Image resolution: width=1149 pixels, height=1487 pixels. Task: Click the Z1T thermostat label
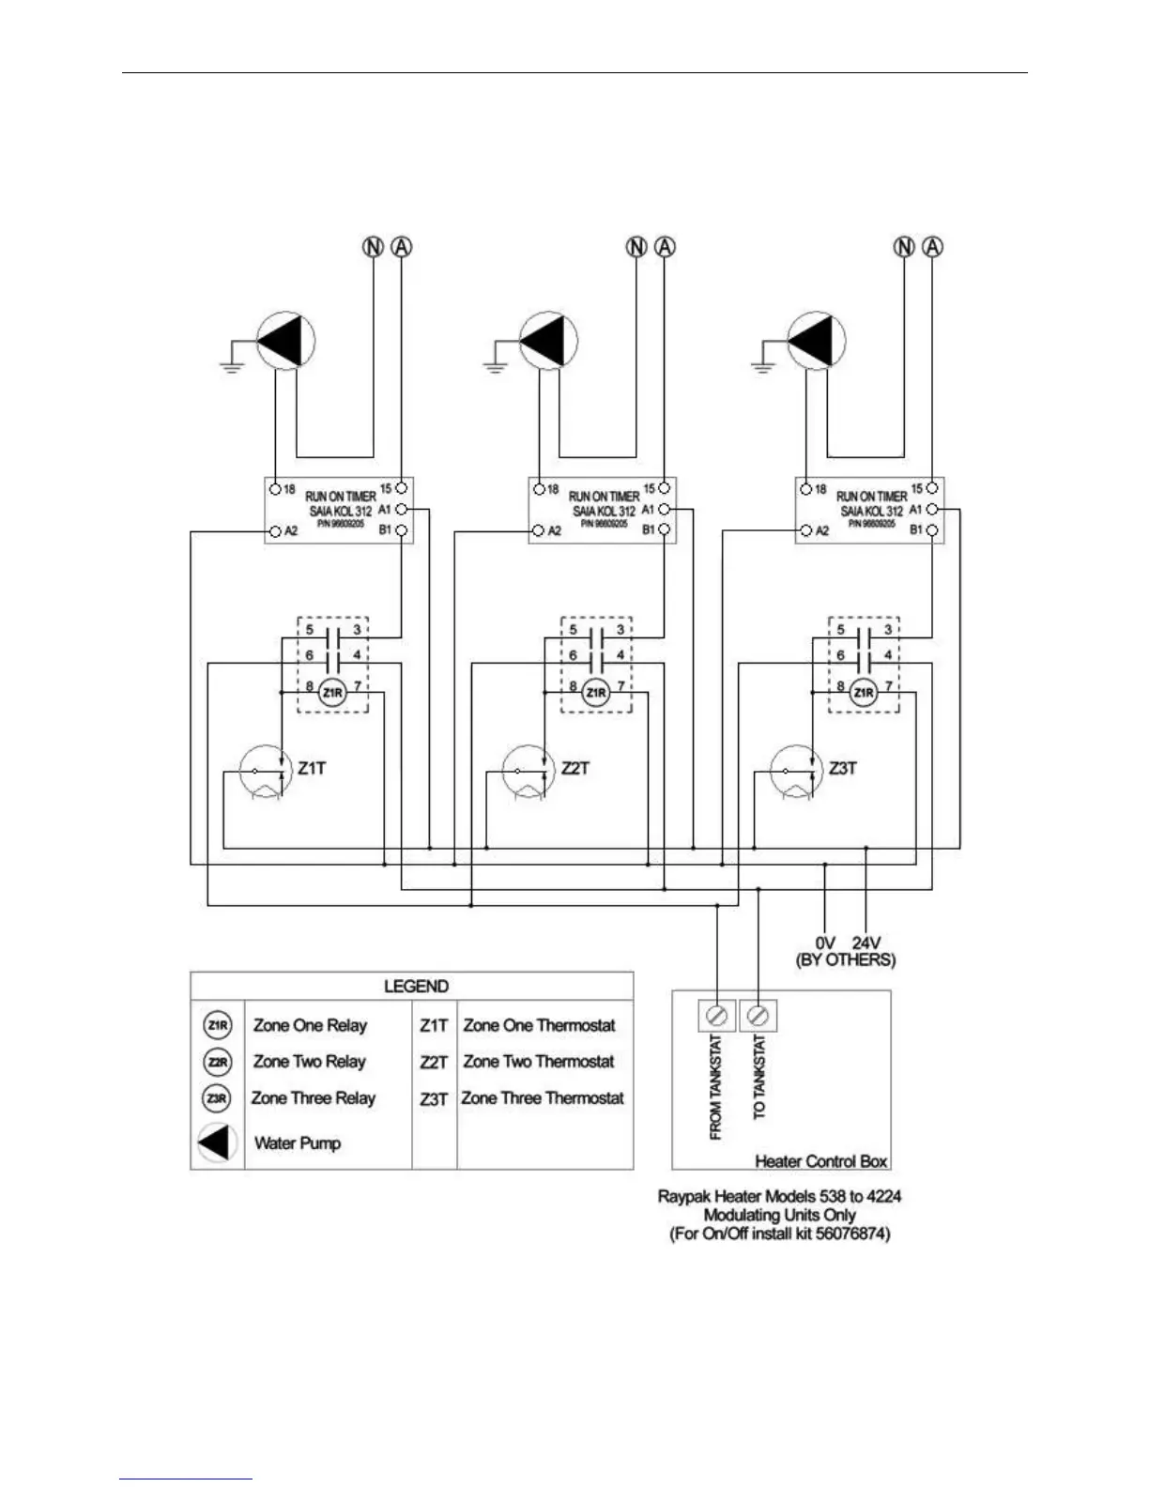pyautogui.click(x=312, y=768)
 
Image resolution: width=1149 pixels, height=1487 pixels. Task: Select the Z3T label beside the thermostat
pyautogui.click(x=842, y=768)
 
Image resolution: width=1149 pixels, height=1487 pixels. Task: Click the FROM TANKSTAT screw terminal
pyautogui.click(x=718, y=1016)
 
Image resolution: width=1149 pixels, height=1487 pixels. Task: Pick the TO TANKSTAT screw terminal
pyautogui.click(x=758, y=1016)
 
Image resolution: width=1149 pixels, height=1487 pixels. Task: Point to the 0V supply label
pyautogui.click(x=825, y=942)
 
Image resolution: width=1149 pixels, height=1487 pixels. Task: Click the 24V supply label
pyautogui.click(x=868, y=942)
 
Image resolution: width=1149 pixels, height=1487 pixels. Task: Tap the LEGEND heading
pyautogui.click(x=416, y=986)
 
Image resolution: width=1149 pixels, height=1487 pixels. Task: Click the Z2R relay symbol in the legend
pyautogui.click(x=217, y=1062)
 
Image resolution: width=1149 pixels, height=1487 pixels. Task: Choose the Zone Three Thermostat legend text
pyautogui.click(x=542, y=1097)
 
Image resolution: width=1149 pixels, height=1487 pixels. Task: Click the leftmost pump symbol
pyautogui.click(x=285, y=343)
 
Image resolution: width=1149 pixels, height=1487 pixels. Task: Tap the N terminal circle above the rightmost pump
pyautogui.click(x=904, y=247)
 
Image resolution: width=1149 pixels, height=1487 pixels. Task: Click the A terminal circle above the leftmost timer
pyautogui.click(x=402, y=247)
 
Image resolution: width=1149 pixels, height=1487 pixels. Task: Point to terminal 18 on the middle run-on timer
pyautogui.click(x=539, y=489)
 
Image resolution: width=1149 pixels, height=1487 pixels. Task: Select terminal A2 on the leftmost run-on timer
pyautogui.click(x=275, y=531)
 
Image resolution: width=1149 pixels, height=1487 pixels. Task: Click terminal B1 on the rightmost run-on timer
pyautogui.click(x=931, y=531)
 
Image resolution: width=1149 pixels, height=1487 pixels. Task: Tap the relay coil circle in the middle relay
pyautogui.click(x=596, y=693)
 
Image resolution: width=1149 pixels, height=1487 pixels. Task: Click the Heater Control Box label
pyautogui.click(x=820, y=1161)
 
